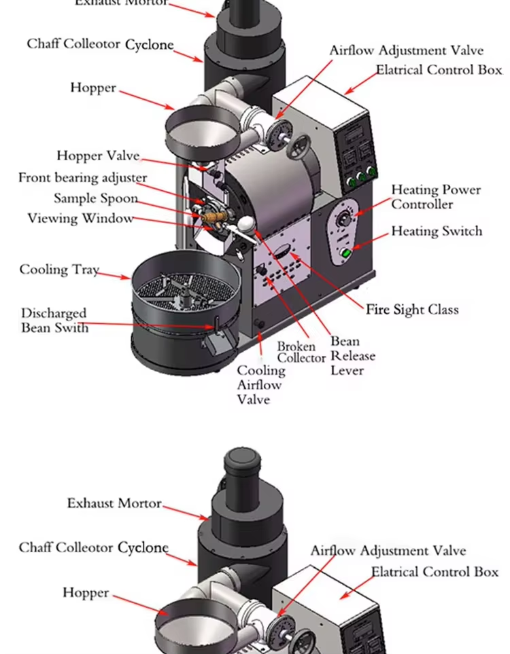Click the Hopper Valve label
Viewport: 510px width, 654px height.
(98, 156)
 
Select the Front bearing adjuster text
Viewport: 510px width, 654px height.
(82, 178)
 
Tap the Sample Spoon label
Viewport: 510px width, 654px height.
(96, 199)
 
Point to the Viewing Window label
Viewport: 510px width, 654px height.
(80, 219)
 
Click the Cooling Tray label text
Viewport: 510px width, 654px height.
(58, 270)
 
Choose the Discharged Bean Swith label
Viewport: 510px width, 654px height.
(54, 321)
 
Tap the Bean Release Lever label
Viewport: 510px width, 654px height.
(352, 356)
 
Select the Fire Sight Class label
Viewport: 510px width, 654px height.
(412, 310)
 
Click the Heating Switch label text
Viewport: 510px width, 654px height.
(436, 232)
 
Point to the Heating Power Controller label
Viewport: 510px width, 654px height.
(435, 197)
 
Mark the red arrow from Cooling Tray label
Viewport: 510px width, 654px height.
(115, 274)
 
